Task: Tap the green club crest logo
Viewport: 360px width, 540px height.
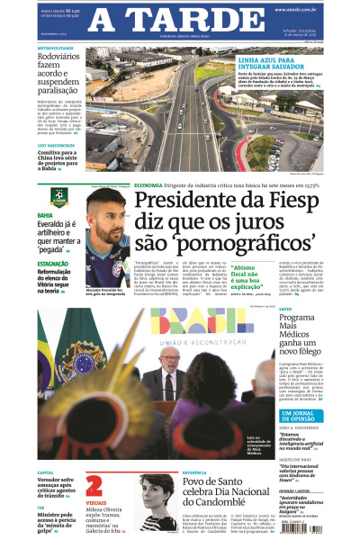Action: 58,196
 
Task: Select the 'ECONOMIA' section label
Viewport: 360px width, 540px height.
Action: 148,184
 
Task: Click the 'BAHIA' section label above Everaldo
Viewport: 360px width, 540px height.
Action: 45,216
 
